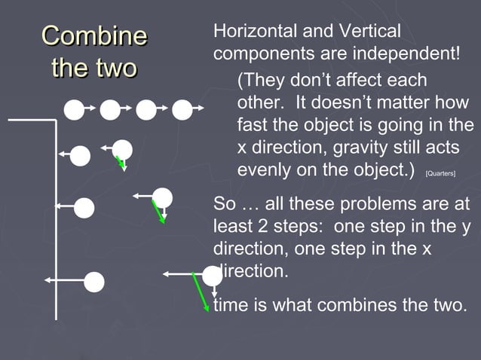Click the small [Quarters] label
[x=440, y=173]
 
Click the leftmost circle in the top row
[x=74, y=111]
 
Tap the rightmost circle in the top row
[x=182, y=111]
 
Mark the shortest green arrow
[x=120, y=163]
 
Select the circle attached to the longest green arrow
[x=212, y=276]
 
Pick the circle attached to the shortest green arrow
[x=122, y=149]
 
